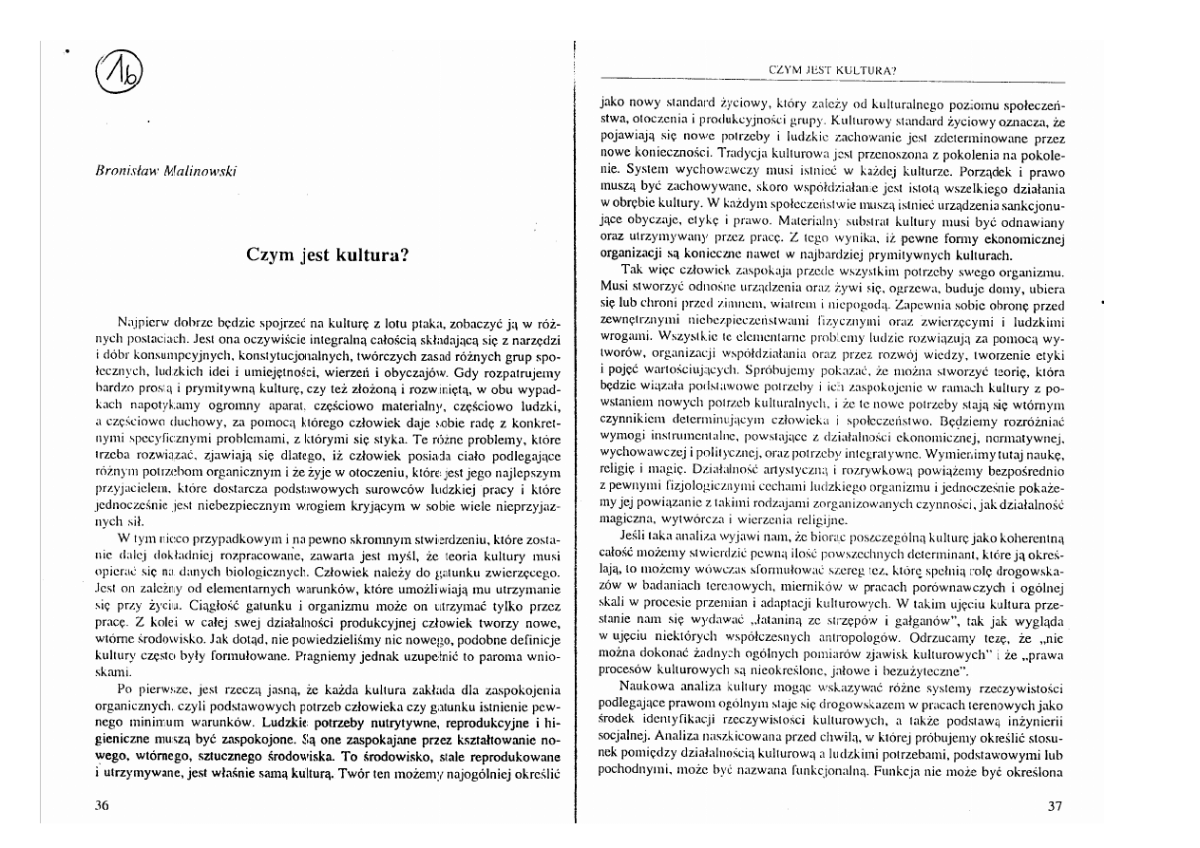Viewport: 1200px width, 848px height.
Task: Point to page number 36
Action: tap(104, 805)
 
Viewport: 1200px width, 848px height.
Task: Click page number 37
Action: tap(1053, 806)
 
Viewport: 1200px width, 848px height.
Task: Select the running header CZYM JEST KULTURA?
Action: tap(834, 69)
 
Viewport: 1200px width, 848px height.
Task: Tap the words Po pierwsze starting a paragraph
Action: tap(150, 688)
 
